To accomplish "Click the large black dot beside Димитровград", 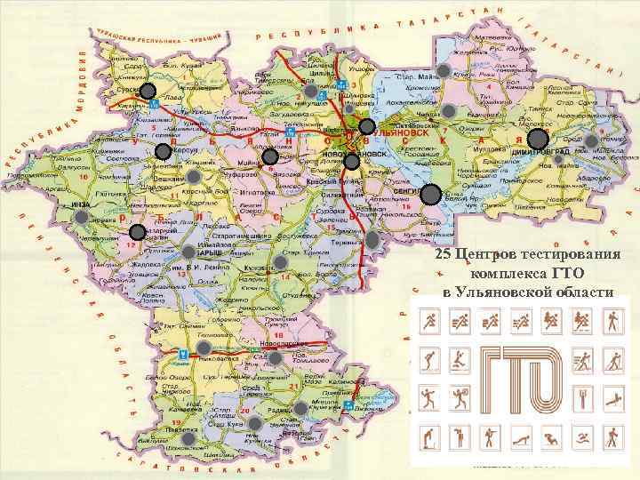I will click(x=538, y=139).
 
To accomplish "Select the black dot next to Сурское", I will click(x=148, y=91).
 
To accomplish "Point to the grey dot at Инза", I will click(x=82, y=216).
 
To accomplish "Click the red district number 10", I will click(x=82, y=178).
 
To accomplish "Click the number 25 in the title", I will click(x=444, y=255).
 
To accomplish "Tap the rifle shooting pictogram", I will click(x=488, y=436).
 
